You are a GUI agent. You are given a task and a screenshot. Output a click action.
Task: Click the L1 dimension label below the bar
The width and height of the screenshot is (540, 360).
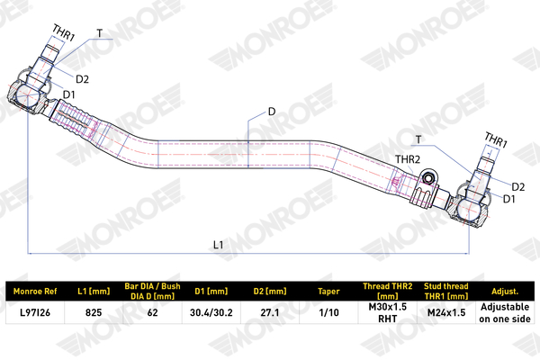pyautogui.click(x=219, y=245)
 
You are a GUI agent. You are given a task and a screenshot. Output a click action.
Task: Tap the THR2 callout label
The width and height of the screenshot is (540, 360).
pyautogui.click(x=408, y=159)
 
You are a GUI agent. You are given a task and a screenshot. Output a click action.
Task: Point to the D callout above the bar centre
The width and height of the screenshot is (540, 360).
pyautogui.click(x=272, y=112)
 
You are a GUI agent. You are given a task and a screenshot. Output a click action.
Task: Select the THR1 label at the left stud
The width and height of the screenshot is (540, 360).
pyautogui.click(x=63, y=32)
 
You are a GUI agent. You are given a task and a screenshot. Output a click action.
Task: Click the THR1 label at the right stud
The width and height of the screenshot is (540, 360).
pyautogui.click(x=496, y=139)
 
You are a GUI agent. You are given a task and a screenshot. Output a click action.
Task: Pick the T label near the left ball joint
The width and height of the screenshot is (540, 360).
pyautogui.click(x=100, y=33)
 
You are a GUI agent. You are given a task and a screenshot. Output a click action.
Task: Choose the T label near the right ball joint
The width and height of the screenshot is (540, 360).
pyautogui.click(x=418, y=139)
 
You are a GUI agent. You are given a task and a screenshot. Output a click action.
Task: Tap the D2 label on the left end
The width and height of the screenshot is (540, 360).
pyautogui.click(x=82, y=79)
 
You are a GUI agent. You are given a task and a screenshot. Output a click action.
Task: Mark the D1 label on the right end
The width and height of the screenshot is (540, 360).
pyautogui.click(x=509, y=199)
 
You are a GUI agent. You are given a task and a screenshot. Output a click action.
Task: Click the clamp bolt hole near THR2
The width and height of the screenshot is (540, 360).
pyautogui.click(x=428, y=178)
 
